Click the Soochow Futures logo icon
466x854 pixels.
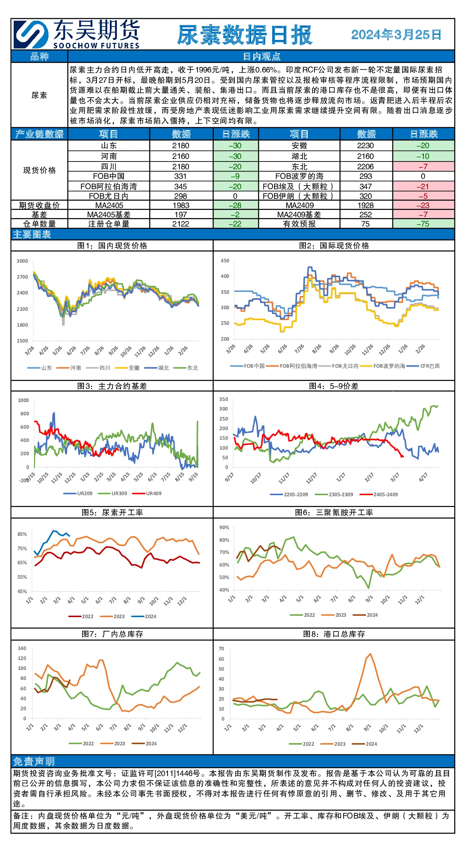pyautogui.click(x=31, y=34)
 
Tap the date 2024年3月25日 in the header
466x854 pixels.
pyautogui.click(x=396, y=35)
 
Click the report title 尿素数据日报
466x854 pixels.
pyautogui.click(x=245, y=35)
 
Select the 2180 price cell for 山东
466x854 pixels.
pyautogui.click(x=181, y=146)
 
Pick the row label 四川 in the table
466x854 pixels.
pyautogui.click(x=109, y=167)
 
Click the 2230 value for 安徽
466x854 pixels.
pyautogui.click(x=365, y=146)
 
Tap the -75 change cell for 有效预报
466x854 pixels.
pyautogui.click(x=423, y=224)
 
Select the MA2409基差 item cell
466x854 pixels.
pyautogui.click(x=299, y=215)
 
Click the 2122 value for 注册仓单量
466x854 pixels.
pyautogui.click(x=181, y=224)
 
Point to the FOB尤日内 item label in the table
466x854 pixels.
pyautogui.click(x=109, y=196)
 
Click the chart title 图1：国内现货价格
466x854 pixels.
pyautogui.click(x=112, y=246)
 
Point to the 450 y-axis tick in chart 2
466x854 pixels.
pyautogui.click(x=225, y=261)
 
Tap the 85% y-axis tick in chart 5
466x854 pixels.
pyautogui.click(x=22, y=534)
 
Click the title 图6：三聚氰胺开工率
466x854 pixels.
pyautogui.click(x=334, y=513)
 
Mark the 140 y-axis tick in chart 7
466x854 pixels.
pyautogui.click(x=22, y=648)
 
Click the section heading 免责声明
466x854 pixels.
pyautogui.click(x=34, y=762)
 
